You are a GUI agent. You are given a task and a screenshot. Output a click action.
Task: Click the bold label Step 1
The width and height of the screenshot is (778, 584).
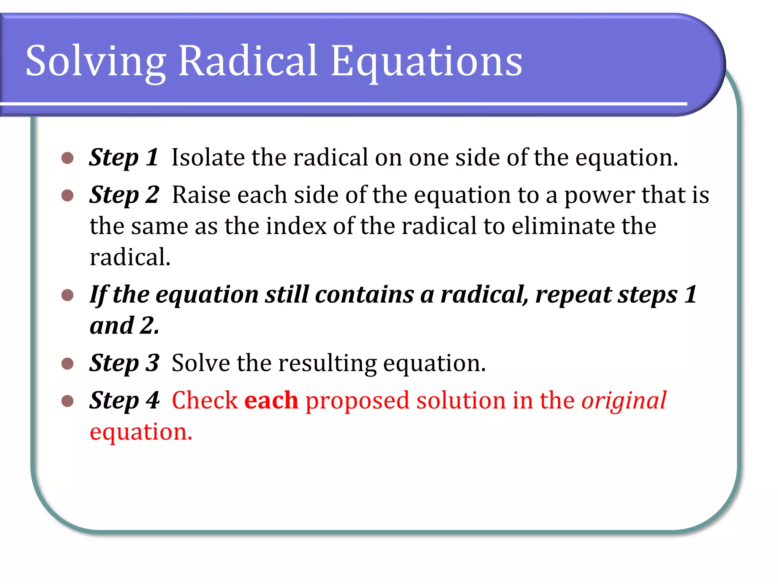123,157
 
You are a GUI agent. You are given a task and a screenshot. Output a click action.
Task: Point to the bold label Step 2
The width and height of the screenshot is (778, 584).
124,195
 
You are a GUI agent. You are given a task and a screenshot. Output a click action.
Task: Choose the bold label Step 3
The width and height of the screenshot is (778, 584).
124,363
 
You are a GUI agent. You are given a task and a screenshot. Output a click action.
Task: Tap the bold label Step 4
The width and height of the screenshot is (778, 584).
124,400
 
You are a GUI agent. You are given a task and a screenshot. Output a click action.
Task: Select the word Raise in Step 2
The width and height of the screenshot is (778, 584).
201,195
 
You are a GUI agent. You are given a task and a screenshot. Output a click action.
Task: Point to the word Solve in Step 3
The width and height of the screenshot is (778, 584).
201,363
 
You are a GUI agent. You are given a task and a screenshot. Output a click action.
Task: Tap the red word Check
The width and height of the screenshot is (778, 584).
205,400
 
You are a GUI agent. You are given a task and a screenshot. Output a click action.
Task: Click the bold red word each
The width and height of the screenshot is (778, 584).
271,400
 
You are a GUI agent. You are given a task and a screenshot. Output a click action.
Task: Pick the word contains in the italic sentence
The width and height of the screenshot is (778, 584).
365,294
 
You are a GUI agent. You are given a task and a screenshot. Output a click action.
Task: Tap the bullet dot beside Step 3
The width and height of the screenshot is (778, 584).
67,363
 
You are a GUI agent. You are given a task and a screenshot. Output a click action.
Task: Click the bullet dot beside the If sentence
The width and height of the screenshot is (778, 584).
67,295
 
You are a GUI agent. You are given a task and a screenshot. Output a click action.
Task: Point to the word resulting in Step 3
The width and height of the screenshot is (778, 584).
327,363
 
